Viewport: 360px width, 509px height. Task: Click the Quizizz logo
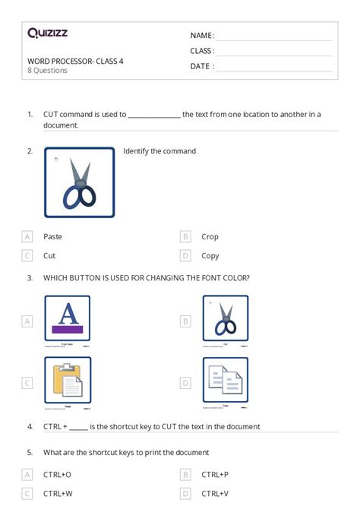[x=48, y=33]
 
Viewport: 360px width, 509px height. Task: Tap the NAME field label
[x=201, y=35]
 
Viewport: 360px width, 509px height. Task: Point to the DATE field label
[x=201, y=66]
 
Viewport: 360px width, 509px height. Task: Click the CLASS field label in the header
[x=202, y=51]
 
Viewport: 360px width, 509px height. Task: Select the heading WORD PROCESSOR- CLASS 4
[x=75, y=61]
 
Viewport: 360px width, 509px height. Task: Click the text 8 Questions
[x=47, y=71]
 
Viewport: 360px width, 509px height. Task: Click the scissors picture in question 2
[x=80, y=182]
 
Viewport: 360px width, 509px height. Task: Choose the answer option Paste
[x=53, y=236]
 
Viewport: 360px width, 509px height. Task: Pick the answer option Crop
[x=210, y=236]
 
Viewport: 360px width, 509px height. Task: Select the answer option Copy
[x=210, y=256]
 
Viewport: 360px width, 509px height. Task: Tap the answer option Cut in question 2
[x=49, y=256]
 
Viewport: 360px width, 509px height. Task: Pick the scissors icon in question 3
[x=226, y=318]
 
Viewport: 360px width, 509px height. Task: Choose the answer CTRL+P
[x=214, y=473]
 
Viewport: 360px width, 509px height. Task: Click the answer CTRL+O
[x=57, y=473]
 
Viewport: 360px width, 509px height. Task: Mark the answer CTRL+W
[x=58, y=493]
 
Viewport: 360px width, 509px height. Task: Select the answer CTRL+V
[x=214, y=493]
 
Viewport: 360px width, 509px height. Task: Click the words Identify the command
[x=159, y=151]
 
